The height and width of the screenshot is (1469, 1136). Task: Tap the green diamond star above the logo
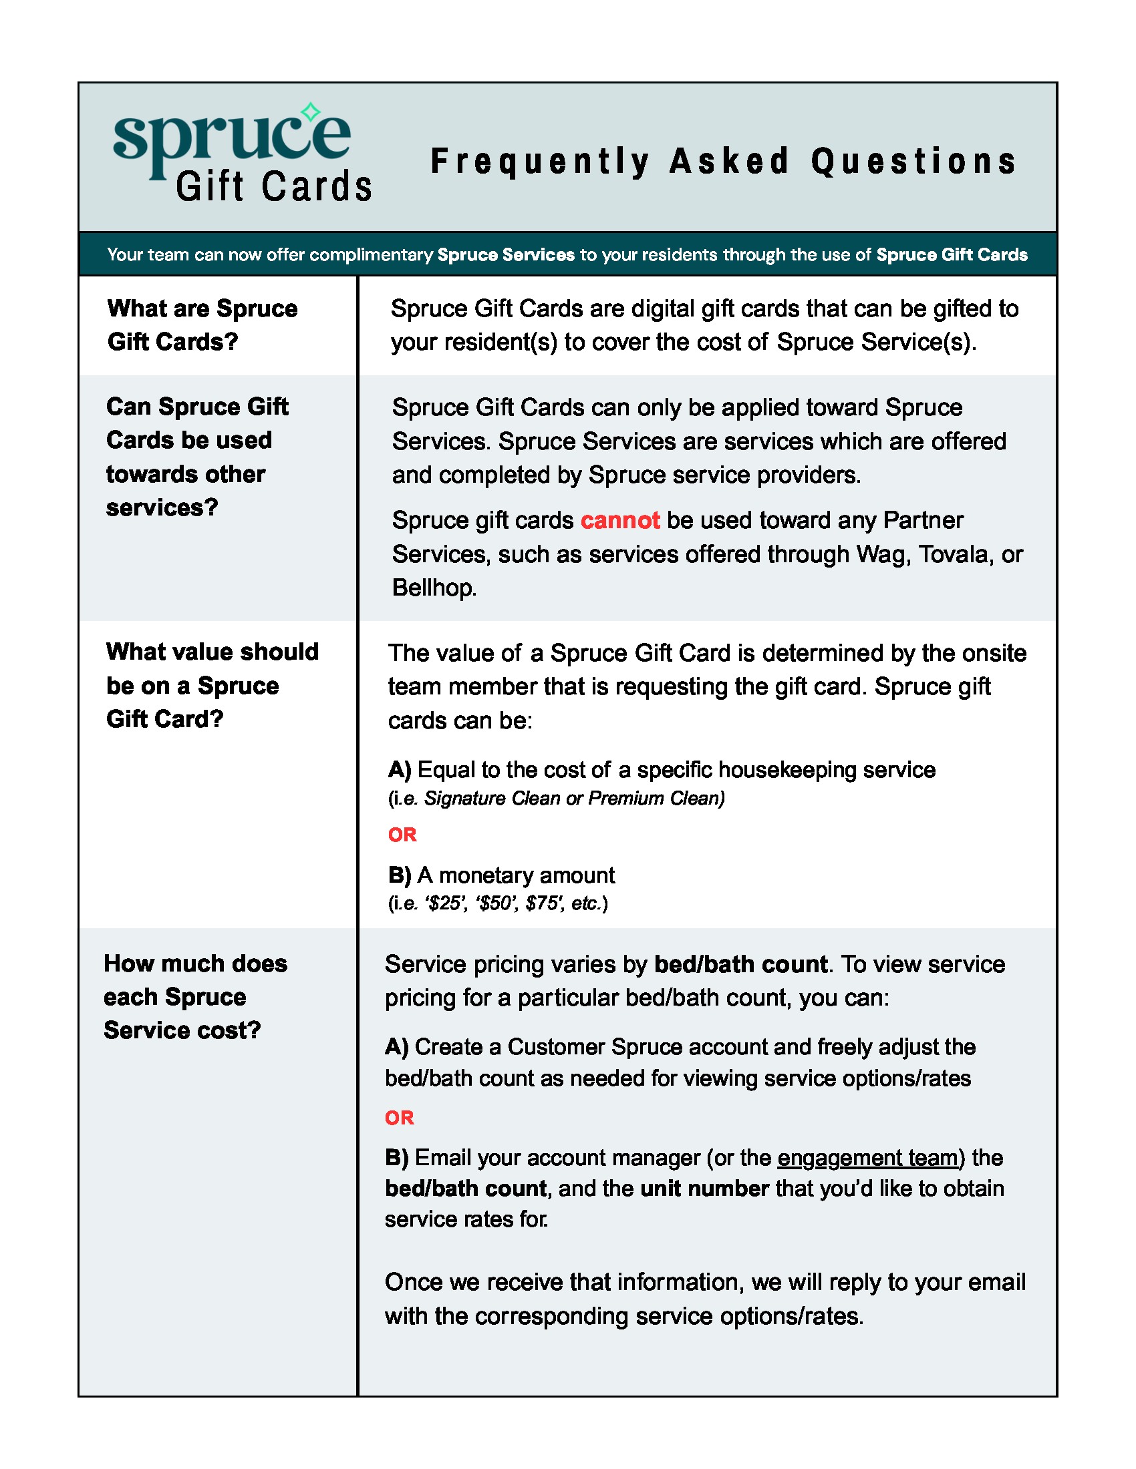click(x=310, y=112)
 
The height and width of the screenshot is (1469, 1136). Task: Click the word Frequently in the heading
click(x=540, y=162)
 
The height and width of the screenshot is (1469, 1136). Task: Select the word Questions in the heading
click(x=913, y=162)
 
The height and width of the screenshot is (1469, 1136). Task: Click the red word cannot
click(x=620, y=521)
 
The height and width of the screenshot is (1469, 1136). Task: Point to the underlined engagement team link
click(x=867, y=1158)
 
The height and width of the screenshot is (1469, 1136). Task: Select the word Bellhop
click(x=434, y=588)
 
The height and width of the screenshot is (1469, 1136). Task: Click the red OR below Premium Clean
click(x=402, y=835)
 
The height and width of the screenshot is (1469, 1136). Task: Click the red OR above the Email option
click(x=399, y=1118)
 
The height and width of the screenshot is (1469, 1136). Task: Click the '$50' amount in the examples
click(x=496, y=903)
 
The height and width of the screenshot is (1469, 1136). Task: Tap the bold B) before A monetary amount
click(x=400, y=875)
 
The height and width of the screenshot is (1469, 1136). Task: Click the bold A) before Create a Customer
click(x=396, y=1047)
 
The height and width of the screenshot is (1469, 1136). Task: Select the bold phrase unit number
click(x=704, y=1189)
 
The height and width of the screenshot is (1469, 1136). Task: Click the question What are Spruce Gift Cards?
click(x=202, y=325)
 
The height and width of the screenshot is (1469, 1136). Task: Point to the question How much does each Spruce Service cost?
click(x=195, y=997)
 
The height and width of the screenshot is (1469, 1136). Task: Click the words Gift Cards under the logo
click(x=274, y=186)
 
